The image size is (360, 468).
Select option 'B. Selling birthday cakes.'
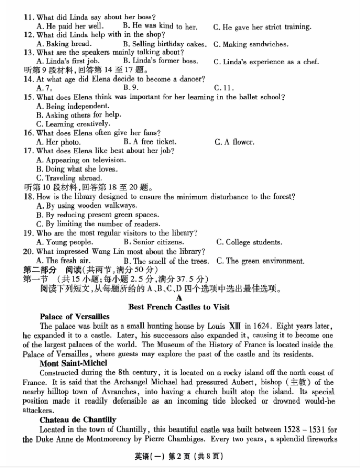tap(164, 44)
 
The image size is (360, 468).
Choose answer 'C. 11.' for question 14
tap(224, 88)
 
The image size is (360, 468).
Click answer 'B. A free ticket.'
tap(150, 141)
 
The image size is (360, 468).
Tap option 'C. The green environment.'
tap(261, 261)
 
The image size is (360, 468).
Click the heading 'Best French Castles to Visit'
tap(179, 307)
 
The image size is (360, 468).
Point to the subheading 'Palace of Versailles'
tap(74, 316)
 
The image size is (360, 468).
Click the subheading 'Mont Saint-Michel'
tap(73, 363)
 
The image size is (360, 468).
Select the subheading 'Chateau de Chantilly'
tap(78, 419)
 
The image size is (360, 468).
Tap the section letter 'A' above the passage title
tap(179, 298)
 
